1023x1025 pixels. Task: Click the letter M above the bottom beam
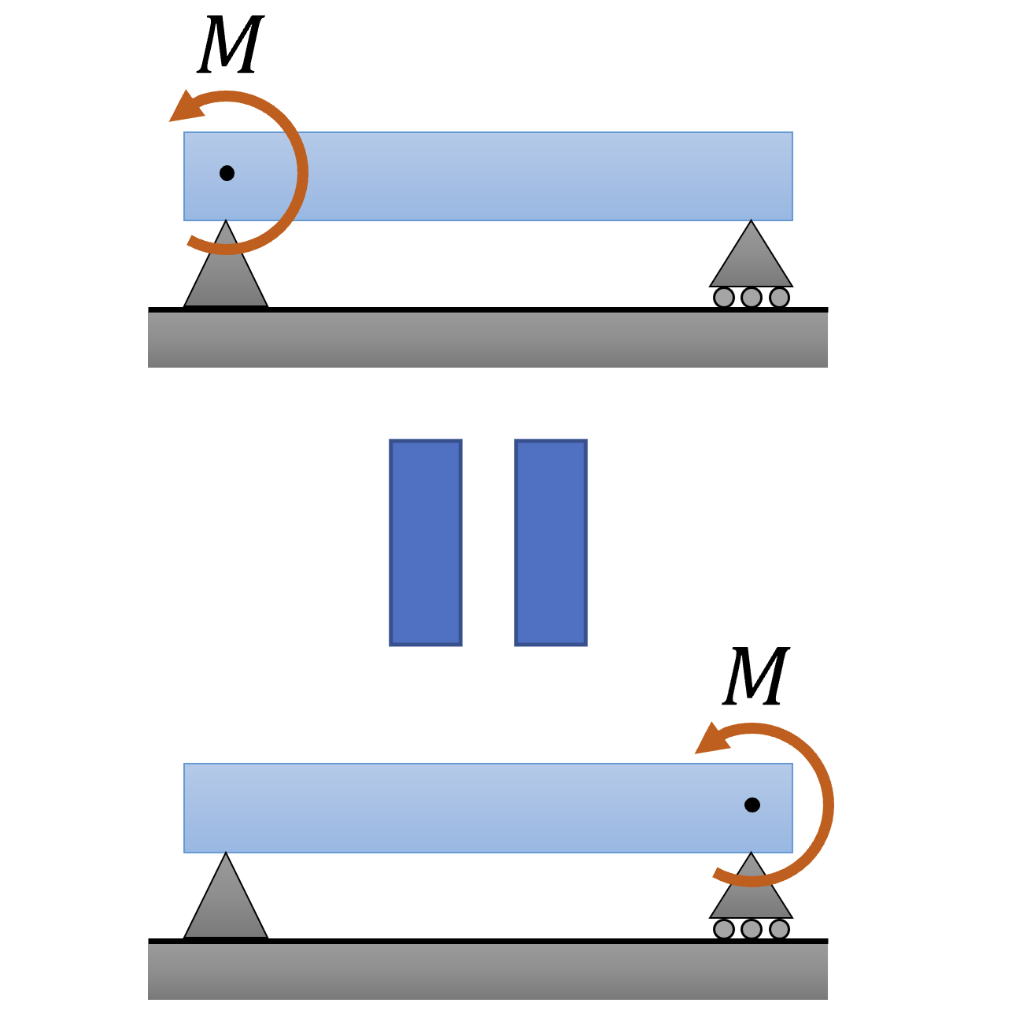pyautogui.click(x=755, y=676)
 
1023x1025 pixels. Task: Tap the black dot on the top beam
pyautogui.click(x=227, y=173)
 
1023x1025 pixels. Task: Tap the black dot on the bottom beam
pyautogui.click(x=752, y=805)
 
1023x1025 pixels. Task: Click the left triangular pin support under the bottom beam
pyautogui.click(x=226, y=905)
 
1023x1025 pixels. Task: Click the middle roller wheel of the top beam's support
pyautogui.click(x=752, y=298)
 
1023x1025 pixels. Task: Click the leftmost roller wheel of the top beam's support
pyautogui.click(x=724, y=298)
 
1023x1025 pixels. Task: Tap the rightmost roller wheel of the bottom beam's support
pyautogui.click(x=779, y=929)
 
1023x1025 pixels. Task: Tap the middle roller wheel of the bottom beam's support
pyautogui.click(x=752, y=929)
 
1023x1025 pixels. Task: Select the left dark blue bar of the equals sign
pyautogui.click(x=426, y=542)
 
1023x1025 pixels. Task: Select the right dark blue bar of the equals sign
pyautogui.click(x=551, y=542)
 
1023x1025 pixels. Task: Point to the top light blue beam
pyautogui.click(x=511, y=176)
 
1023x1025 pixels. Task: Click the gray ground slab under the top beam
pyautogui.click(x=488, y=340)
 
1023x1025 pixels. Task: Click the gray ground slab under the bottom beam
pyautogui.click(x=488, y=971)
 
